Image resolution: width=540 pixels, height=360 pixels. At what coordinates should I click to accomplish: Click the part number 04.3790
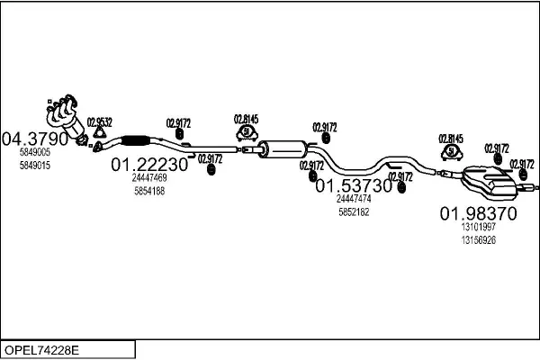(35, 139)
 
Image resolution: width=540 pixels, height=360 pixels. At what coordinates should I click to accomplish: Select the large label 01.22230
(149, 166)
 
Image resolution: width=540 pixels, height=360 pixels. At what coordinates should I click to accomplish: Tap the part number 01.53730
(354, 185)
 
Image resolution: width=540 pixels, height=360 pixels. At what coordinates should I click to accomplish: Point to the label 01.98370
(478, 214)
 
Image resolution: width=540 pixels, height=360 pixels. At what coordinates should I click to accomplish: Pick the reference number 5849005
(35, 154)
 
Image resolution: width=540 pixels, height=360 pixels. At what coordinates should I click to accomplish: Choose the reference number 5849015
(35, 166)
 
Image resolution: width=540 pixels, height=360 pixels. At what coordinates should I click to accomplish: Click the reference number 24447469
(149, 178)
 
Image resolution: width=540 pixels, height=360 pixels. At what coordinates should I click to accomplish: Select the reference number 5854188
(149, 191)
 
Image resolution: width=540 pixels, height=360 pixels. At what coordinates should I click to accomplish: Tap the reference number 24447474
(354, 198)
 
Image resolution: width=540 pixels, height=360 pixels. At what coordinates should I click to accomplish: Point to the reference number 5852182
(354, 211)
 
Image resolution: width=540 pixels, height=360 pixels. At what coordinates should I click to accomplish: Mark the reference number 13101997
(478, 229)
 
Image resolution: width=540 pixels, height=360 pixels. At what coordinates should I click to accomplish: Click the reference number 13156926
(478, 240)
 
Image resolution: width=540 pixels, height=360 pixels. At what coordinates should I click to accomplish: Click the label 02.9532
(100, 122)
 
